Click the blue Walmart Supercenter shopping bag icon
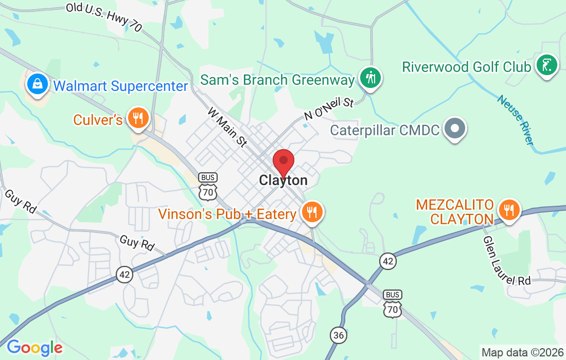38,83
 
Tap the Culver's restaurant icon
137,118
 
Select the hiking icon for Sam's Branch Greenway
370,78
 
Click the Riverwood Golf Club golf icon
546,65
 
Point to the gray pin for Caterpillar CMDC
455,128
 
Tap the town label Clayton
284,181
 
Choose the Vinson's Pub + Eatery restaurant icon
311,211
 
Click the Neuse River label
517,119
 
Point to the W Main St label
228,128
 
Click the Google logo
34,348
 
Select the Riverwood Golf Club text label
466,67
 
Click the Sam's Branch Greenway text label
277,80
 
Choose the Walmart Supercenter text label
120,86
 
